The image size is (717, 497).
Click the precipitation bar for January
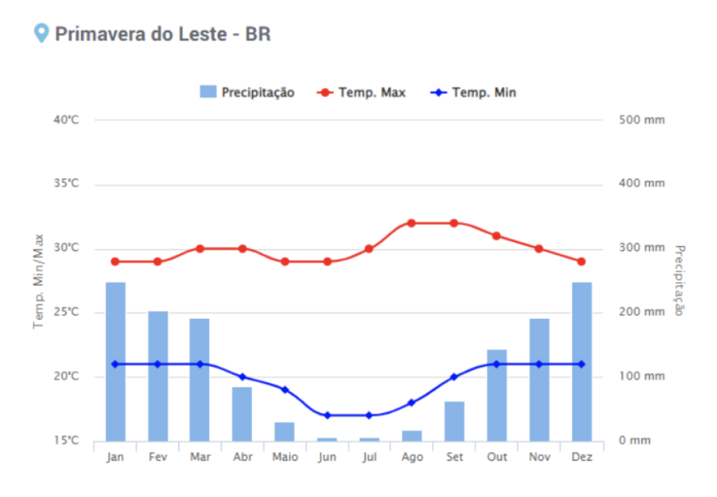pyautogui.click(x=116, y=361)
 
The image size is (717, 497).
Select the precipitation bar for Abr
pyautogui.click(x=242, y=414)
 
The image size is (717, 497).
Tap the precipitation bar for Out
pyautogui.click(x=497, y=395)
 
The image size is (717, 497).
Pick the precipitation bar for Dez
pyautogui.click(x=581, y=361)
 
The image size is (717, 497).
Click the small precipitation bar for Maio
pyautogui.click(x=284, y=432)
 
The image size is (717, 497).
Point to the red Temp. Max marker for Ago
pyautogui.click(x=412, y=223)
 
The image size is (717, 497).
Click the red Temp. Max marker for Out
pyautogui.click(x=496, y=236)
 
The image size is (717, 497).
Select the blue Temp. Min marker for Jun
pyautogui.click(x=327, y=415)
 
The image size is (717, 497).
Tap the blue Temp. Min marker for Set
pyautogui.click(x=454, y=376)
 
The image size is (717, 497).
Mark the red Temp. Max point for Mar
pyautogui.click(x=200, y=248)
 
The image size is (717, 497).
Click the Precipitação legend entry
pyautogui.click(x=247, y=93)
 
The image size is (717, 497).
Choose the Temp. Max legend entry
pyautogui.click(x=362, y=93)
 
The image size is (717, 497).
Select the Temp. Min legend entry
pyautogui.click(x=474, y=93)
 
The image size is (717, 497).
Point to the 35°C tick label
pyautogui.click(x=66, y=184)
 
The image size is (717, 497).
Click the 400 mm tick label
pyautogui.click(x=642, y=184)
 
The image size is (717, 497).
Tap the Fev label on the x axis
pyautogui.click(x=158, y=457)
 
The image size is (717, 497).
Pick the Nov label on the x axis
pyautogui.click(x=538, y=457)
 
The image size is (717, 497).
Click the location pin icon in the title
pyautogui.click(x=42, y=33)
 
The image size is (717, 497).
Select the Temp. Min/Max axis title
pyautogui.click(x=39, y=280)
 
